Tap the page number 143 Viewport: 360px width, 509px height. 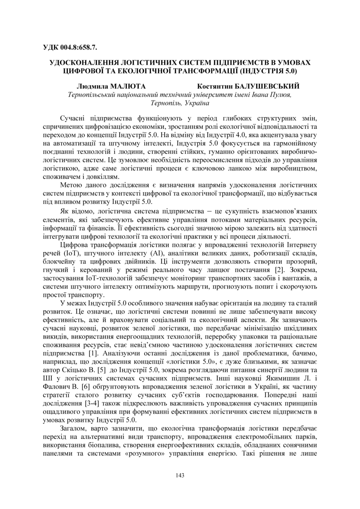180,475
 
